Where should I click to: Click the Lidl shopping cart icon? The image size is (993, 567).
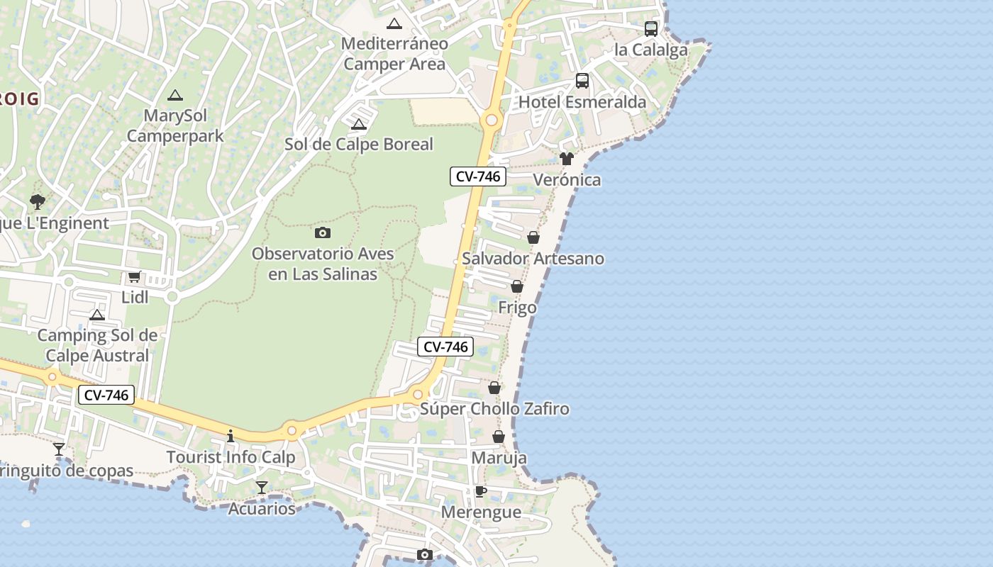134,277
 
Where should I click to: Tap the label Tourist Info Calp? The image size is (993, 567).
231,457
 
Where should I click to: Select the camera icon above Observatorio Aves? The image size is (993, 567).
323,232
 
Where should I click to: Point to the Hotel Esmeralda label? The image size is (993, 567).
582,102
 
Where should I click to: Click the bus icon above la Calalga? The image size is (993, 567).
650,29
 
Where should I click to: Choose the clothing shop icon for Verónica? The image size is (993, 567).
566,159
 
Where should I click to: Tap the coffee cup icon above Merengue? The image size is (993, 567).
481,491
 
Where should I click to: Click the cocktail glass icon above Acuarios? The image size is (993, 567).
262,487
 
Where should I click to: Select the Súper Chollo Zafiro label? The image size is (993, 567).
494,409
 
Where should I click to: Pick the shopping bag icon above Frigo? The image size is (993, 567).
517,286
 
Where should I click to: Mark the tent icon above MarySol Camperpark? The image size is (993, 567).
174,95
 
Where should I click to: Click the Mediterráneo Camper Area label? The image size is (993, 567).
394,54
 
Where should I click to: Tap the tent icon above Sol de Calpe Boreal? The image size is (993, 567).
359,125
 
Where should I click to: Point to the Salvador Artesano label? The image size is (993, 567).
533,259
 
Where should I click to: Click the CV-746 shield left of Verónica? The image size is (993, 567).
478,176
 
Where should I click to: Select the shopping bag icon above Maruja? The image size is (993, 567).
499,437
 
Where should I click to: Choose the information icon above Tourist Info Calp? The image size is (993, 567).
230,436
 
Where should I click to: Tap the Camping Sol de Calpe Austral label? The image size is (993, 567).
97,345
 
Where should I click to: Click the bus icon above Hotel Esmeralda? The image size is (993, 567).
582,81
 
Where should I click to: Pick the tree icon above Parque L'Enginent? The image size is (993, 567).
37,202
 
